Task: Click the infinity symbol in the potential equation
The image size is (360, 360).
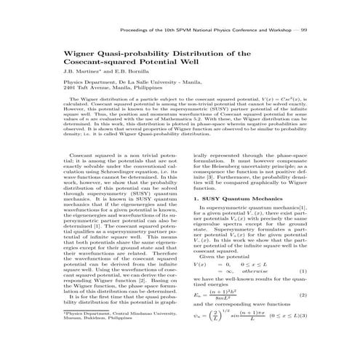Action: (235, 272)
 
